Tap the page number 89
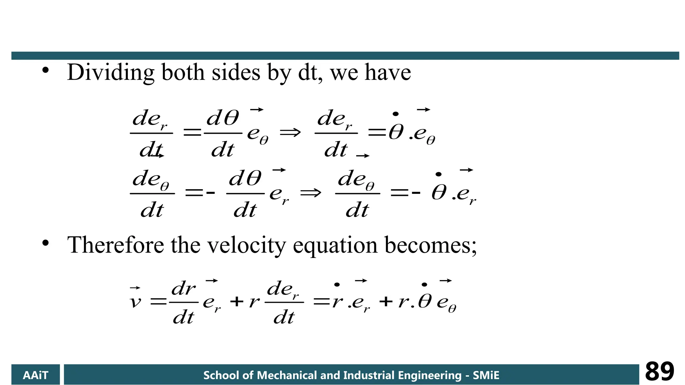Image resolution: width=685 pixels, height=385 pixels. (x=659, y=372)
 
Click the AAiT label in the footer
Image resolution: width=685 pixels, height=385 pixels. (x=35, y=375)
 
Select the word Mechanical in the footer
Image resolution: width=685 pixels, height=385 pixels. (x=286, y=375)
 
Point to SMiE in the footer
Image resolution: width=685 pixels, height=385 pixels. (x=486, y=375)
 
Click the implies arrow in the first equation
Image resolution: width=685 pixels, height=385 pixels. (x=290, y=133)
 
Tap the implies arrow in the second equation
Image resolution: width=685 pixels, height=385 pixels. (x=310, y=193)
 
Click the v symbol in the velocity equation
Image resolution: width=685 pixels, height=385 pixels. (x=135, y=302)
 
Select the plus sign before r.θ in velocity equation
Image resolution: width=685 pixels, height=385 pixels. (x=386, y=302)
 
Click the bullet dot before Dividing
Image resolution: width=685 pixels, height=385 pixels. (x=45, y=71)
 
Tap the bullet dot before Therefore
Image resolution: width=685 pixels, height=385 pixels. (x=45, y=243)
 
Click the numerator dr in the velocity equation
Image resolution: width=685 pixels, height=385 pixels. (x=183, y=288)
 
